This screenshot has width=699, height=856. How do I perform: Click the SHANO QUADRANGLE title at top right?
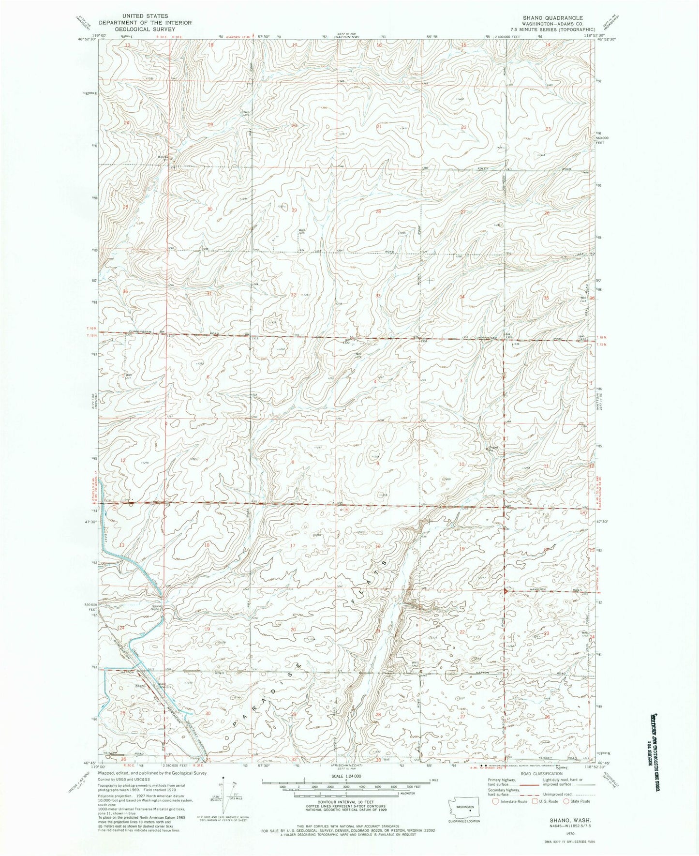tap(552, 18)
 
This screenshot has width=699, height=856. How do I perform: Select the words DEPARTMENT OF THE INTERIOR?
tap(145, 23)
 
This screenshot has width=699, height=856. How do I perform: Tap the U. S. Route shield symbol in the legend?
tap(535, 801)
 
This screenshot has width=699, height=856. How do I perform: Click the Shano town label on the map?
tap(140, 686)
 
